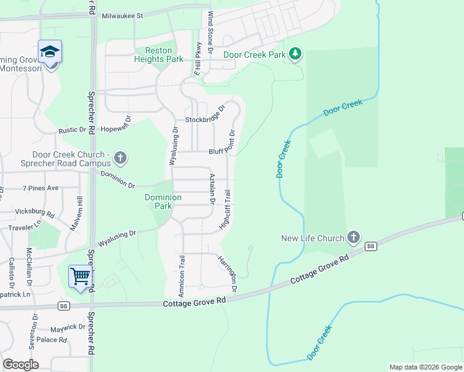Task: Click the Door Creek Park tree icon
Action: pyautogui.click(x=296, y=55)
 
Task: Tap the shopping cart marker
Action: pyautogui.click(x=81, y=276)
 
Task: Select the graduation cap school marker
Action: pyautogui.click(x=50, y=52)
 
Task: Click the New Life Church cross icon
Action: pyautogui.click(x=353, y=237)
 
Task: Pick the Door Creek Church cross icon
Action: pyautogui.click(x=120, y=159)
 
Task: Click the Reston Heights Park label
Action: pyautogui.click(x=159, y=55)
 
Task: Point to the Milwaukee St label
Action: pyautogui.click(x=123, y=15)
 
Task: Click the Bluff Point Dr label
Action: pyautogui.click(x=222, y=150)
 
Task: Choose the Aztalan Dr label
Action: pyautogui.click(x=212, y=189)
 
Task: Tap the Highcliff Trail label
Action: pyautogui.click(x=227, y=210)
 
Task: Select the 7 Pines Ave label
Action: pyautogui.click(x=40, y=187)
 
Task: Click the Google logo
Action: pyautogui.click(x=20, y=364)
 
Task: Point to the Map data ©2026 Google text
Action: pyautogui.click(x=425, y=367)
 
